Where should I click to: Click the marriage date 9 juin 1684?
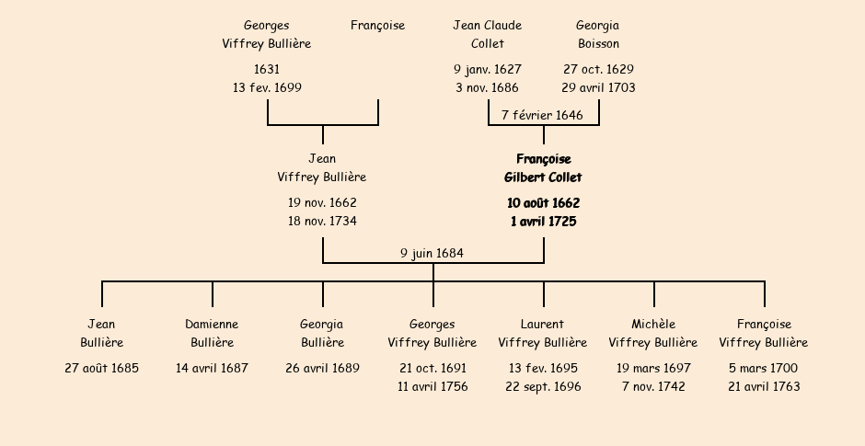432,253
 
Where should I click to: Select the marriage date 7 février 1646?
542,115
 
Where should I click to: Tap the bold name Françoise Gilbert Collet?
543,168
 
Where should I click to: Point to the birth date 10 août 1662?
543,202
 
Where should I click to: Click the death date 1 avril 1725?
543,221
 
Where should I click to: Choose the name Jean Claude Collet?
487,34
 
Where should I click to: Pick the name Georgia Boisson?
598,34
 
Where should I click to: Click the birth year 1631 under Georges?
267,69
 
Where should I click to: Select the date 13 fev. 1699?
267,87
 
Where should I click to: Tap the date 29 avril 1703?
598,87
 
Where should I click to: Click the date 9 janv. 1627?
487,69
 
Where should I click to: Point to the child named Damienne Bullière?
212,333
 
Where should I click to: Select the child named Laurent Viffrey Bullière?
543,333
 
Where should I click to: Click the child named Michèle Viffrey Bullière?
653,333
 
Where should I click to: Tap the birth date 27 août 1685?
101,368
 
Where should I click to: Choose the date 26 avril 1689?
322,368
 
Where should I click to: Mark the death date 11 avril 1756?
432,386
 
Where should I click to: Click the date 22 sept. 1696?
543,386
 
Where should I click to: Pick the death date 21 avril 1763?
764,386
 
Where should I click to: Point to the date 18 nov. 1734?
322,221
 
